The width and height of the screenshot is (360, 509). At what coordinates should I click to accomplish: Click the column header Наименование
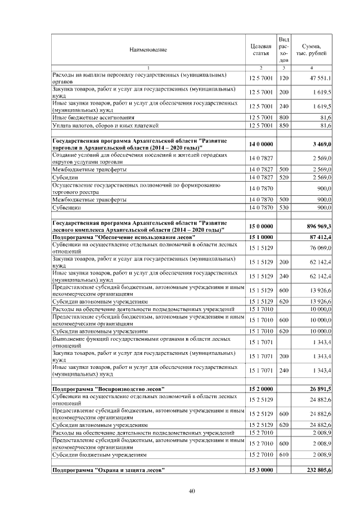coord(148,50)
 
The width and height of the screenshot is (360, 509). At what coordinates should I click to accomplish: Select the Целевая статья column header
coord(260,49)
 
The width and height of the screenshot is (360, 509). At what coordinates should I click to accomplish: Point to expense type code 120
coord(284,78)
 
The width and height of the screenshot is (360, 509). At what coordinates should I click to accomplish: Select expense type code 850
coord(284,125)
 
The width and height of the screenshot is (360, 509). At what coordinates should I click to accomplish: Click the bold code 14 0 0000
coord(260,145)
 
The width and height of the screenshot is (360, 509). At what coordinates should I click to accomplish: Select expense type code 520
coord(284,177)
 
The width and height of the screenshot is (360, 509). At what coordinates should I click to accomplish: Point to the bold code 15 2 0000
coord(260,389)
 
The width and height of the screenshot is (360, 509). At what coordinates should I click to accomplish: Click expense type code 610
coord(284,454)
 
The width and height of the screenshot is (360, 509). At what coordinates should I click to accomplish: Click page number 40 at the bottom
coord(191,492)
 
